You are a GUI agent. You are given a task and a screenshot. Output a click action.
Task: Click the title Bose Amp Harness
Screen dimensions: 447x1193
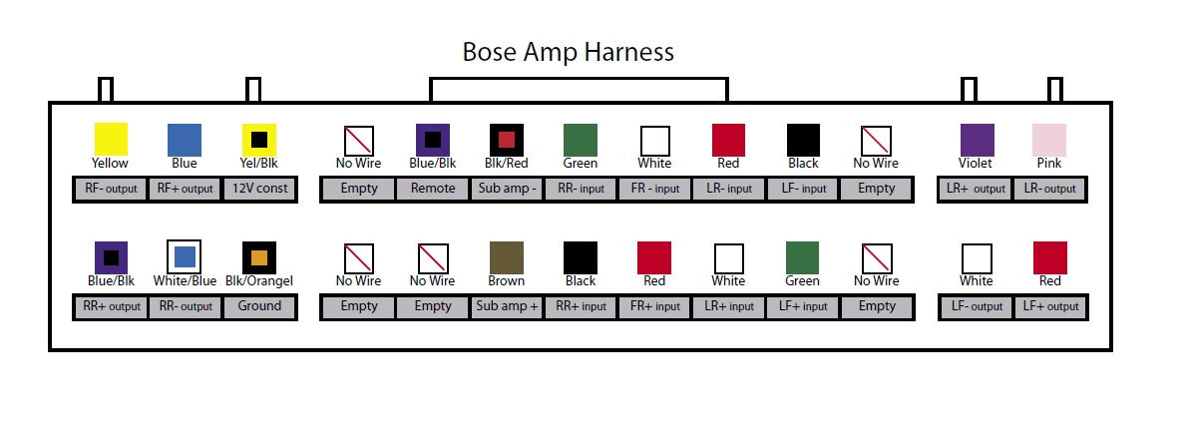coord(568,52)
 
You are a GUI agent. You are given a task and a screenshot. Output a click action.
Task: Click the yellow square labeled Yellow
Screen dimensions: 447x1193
coord(111,140)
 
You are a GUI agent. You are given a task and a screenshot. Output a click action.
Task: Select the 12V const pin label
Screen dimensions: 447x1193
coord(259,189)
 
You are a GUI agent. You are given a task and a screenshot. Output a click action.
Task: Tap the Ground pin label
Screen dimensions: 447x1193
coord(259,306)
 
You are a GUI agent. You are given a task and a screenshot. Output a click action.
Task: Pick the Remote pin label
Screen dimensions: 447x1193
coord(433,189)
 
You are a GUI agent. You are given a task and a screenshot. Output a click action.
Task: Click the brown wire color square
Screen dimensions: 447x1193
coord(507,258)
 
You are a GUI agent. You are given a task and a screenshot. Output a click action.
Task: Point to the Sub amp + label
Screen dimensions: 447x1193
coord(507,306)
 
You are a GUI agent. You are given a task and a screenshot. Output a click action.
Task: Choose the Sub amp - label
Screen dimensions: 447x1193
coord(507,189)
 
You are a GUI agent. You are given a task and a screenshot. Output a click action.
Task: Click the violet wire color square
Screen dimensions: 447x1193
coord(977,140)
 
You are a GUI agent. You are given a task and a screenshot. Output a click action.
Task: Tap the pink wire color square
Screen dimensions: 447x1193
coord(1049,140)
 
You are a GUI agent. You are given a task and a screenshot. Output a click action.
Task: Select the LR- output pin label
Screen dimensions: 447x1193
coord(1049,189)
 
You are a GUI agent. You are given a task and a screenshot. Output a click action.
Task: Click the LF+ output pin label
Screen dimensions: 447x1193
coord(1049,306)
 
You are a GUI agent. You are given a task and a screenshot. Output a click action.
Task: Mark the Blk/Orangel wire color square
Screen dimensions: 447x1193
coord(259,258)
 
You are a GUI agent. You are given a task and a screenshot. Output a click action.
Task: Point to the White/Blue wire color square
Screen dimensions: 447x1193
coord(185,258)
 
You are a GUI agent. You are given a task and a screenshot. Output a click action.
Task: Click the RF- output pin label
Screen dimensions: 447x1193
coord(111,189)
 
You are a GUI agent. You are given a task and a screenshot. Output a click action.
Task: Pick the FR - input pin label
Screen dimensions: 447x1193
coord(654,189)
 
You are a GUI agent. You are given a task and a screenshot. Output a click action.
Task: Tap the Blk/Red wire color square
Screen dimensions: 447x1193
coord(507,140)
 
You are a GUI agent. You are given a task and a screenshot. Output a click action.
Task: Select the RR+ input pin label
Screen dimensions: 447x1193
coord(581,306)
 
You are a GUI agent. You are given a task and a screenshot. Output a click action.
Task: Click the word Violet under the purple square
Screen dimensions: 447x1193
coord(976,163)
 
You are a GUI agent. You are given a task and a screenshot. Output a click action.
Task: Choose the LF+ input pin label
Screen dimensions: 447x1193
coord(803,306)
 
